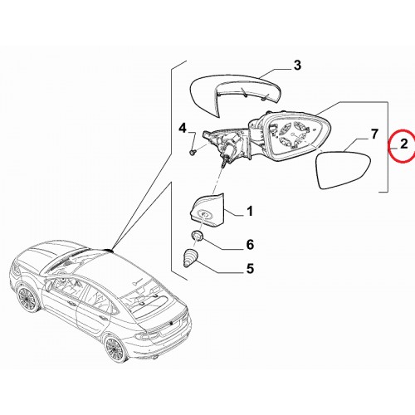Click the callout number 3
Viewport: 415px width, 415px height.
pos(297,66)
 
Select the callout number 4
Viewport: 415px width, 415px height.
pos(183,129)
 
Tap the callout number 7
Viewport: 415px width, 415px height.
pos(374,134)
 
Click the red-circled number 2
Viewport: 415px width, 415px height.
pos(404,144)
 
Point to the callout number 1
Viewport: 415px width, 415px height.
pos(250,212)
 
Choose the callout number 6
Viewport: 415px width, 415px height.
pos(250,245)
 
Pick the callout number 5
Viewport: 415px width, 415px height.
pos(250,269)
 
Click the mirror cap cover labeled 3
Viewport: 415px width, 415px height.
pos(235,94)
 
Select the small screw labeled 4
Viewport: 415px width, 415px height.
pos(193,152)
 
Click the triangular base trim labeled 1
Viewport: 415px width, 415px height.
pos(207,210)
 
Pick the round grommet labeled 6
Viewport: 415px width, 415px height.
pos(197,237)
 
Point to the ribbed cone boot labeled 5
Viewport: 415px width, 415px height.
pos(190,258)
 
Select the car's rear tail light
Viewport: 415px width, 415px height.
pos(148,335)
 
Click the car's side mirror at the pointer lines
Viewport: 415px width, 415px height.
pos(109,250)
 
